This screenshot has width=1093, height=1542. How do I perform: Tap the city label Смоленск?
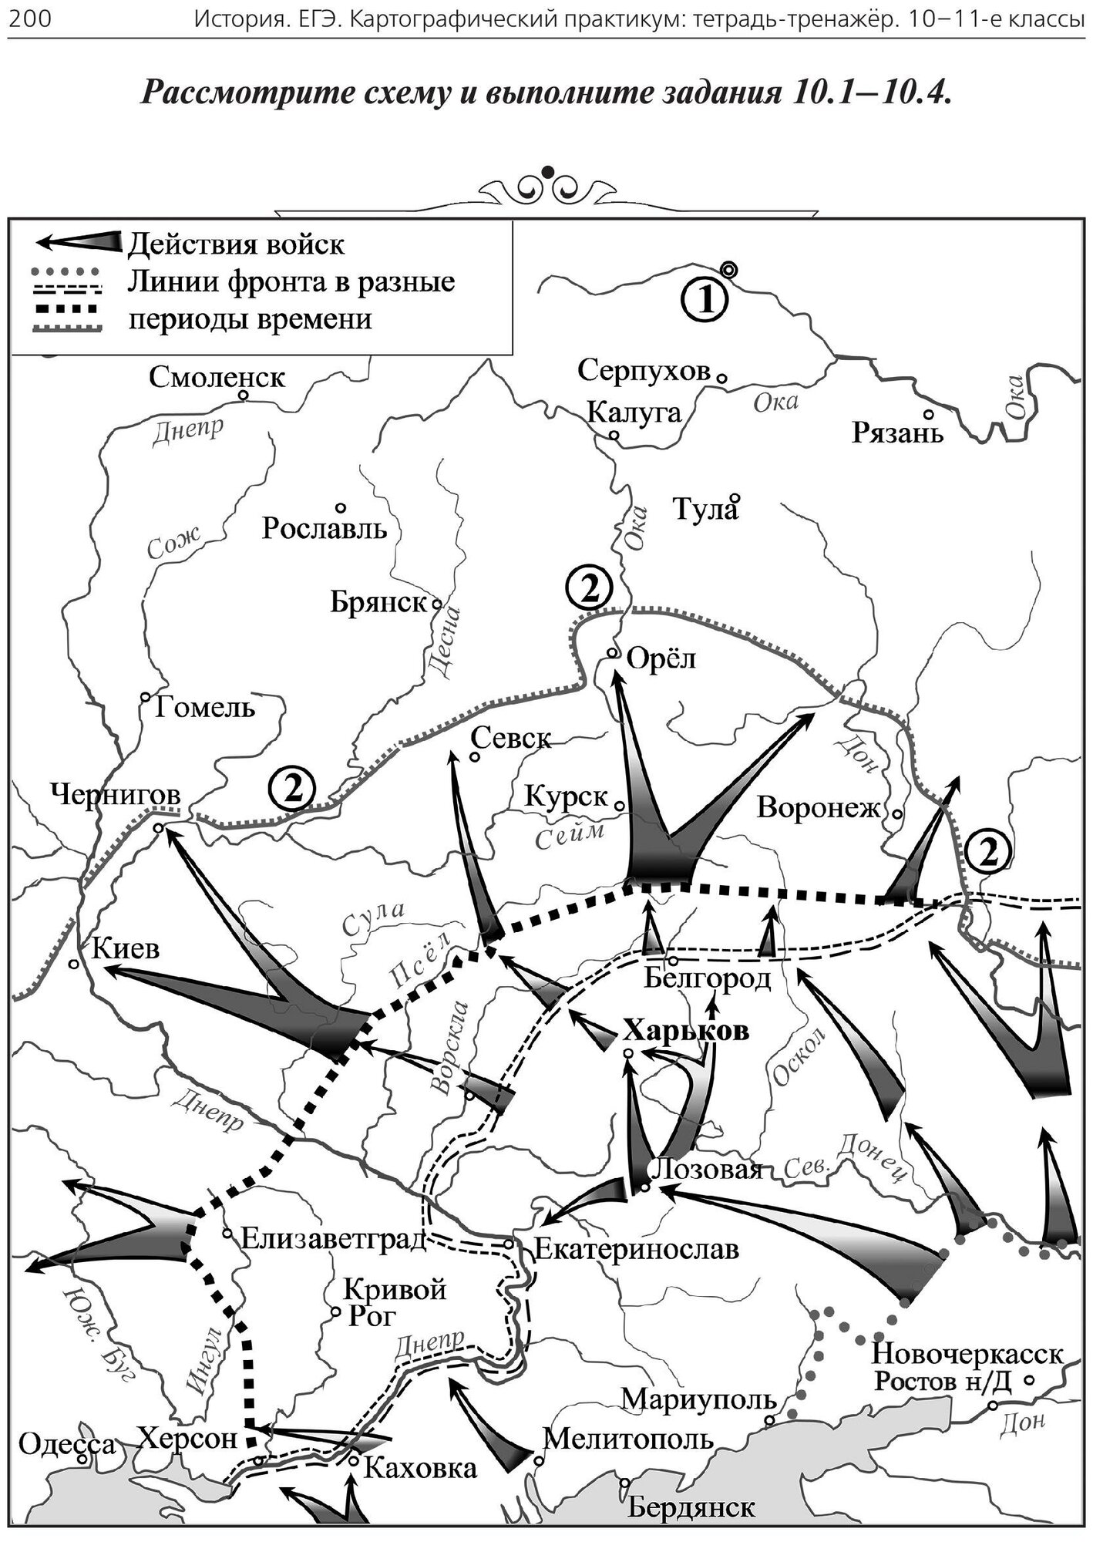click(217, 377)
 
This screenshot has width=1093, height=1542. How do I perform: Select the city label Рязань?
click(897, 433)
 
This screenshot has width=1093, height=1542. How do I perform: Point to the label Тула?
click(705, 510)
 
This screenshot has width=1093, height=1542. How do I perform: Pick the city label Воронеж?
click(819, 807)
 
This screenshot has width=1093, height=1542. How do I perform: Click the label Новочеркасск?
click(967, 1353)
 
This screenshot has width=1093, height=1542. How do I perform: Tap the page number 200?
click(29, 19)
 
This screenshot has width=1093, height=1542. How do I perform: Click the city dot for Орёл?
click(612, 652)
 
